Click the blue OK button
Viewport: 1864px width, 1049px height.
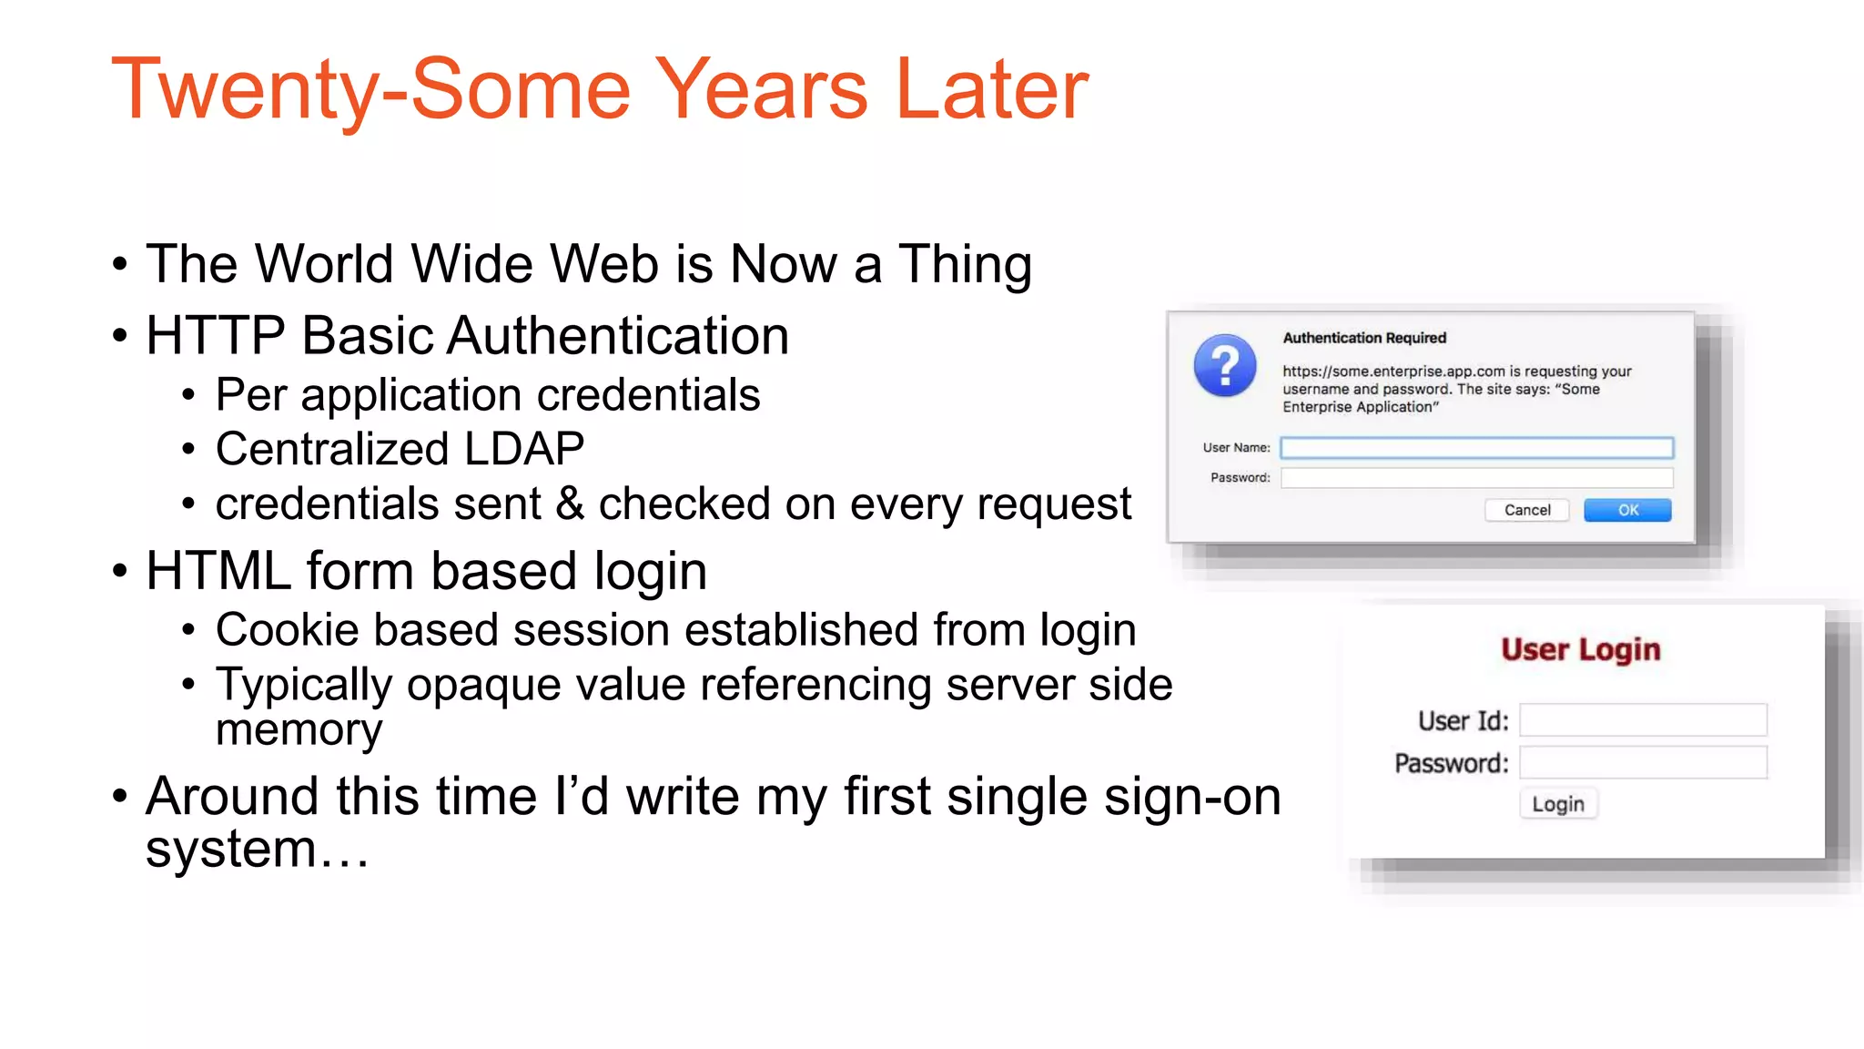click(1627, 510)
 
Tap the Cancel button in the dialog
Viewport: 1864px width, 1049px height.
click(1526, 510)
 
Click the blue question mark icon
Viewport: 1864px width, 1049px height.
click(1225, 365)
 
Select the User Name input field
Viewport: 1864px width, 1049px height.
click(1475, 447)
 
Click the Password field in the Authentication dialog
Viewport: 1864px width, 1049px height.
click(1475, 477)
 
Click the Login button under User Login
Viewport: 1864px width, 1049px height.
click(1557, 804)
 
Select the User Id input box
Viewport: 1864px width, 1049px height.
click(1643, 719)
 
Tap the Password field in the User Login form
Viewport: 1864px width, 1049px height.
click(1643, 762)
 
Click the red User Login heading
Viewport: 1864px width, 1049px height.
click(1580, 649)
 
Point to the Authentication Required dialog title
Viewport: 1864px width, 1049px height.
click(1363, 338)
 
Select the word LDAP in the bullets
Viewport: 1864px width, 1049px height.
click(523, 449)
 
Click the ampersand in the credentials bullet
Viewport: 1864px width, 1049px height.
click(570, 504)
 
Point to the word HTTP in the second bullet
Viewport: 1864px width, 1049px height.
click(216, 335)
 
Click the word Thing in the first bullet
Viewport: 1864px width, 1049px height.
click(965, 264)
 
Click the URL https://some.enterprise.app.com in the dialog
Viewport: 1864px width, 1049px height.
click(1393, 372)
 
